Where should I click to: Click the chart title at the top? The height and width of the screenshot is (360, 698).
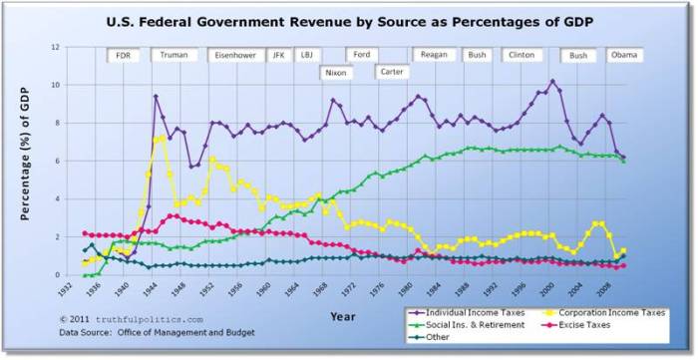pyautogui.click(x=348, y=20)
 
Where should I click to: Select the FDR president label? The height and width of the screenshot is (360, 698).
pyautogui.click(x=123, y=56)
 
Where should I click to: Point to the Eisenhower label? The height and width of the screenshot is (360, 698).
pyautogui.click(x=235, y=56)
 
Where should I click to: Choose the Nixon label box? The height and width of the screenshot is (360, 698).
pyautogui.click(x=336, y=73)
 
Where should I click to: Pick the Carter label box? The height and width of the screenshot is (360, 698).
pyautogui.click(x=391, y=72)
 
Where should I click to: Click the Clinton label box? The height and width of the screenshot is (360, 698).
pyautogui.click(x=521, y=56)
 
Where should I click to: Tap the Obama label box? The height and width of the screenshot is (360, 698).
pyautogui.click(x=623, y=56)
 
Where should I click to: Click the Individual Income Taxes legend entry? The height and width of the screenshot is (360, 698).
pyautogui.click(x=464, y=314)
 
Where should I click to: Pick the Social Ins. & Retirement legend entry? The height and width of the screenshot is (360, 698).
pyautogui.click(x=464, y=325)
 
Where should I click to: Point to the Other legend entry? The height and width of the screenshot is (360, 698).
pyautogui.click(x=439, y=336)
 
